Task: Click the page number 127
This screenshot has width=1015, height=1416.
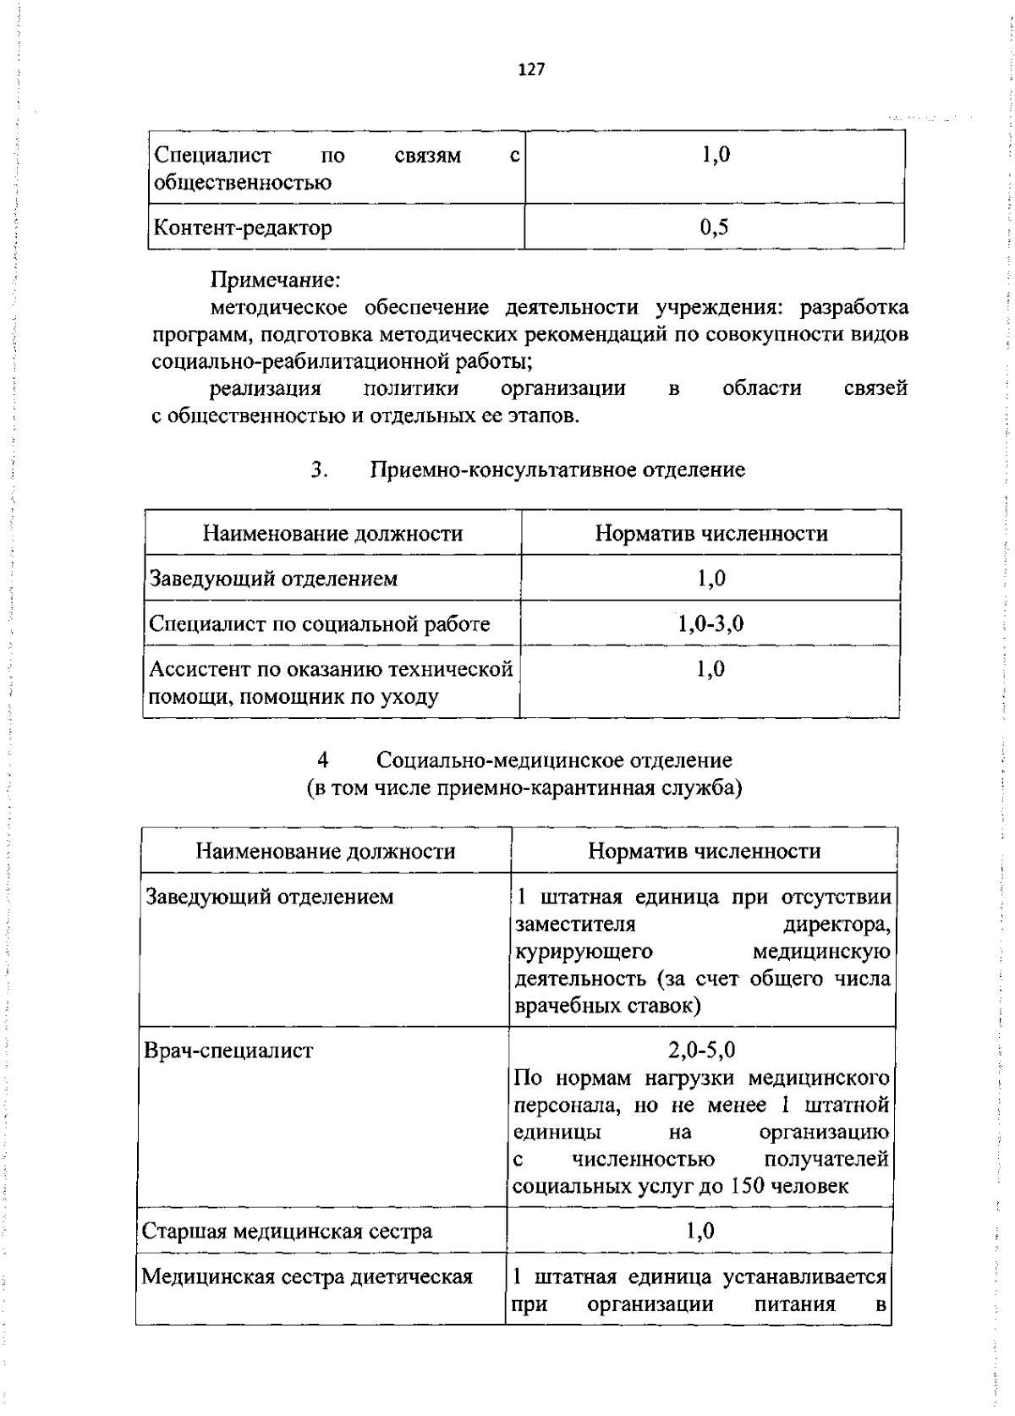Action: tap(531, 70)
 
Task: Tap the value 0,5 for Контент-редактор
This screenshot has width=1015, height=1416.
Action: tap(714, 227)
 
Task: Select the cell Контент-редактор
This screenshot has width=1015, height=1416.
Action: tap(242, 228)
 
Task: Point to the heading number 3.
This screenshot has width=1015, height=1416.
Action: tap(319, 469)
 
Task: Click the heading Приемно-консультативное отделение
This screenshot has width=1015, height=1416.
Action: tap(558, 469)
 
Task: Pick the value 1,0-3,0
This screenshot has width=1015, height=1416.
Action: tap(710, 624)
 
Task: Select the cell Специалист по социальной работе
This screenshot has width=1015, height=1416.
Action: tap(319, 624)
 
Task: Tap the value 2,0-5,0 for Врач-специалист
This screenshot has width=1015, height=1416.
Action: tap(701, 1050)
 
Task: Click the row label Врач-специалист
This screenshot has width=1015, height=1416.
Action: tap(228, 1051)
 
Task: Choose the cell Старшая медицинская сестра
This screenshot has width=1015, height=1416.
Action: tap(287, 1231)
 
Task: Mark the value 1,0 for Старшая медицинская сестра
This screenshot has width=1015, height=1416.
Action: tap(700, 1231)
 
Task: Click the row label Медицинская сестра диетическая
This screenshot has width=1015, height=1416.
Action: tap(306, 1276)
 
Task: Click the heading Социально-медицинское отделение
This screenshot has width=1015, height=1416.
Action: tap(554, 760)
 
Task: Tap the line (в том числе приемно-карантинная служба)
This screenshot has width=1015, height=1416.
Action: tap(524, 788)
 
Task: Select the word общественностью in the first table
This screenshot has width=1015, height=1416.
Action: tap(242, 183)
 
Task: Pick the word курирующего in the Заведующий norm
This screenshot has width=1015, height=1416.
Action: tap(584, 952)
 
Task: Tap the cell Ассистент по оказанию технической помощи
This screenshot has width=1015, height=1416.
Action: tap(331, 683)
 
